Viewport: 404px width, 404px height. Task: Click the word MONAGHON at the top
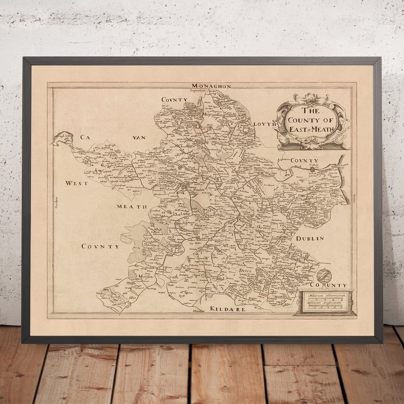[211, 86]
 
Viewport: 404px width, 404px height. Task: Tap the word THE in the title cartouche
[311, 110]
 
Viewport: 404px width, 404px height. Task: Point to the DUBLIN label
[309, 238]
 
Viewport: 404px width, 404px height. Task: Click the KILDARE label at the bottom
[228, 309]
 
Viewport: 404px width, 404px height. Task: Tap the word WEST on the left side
[77, 183]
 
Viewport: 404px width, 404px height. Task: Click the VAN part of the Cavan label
[139, 137]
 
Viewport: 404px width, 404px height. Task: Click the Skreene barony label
[263, 228]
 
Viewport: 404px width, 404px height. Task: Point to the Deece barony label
[246, 271]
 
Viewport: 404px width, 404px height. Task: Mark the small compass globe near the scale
[324, 275]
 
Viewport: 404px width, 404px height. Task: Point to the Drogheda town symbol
[312, 170]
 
